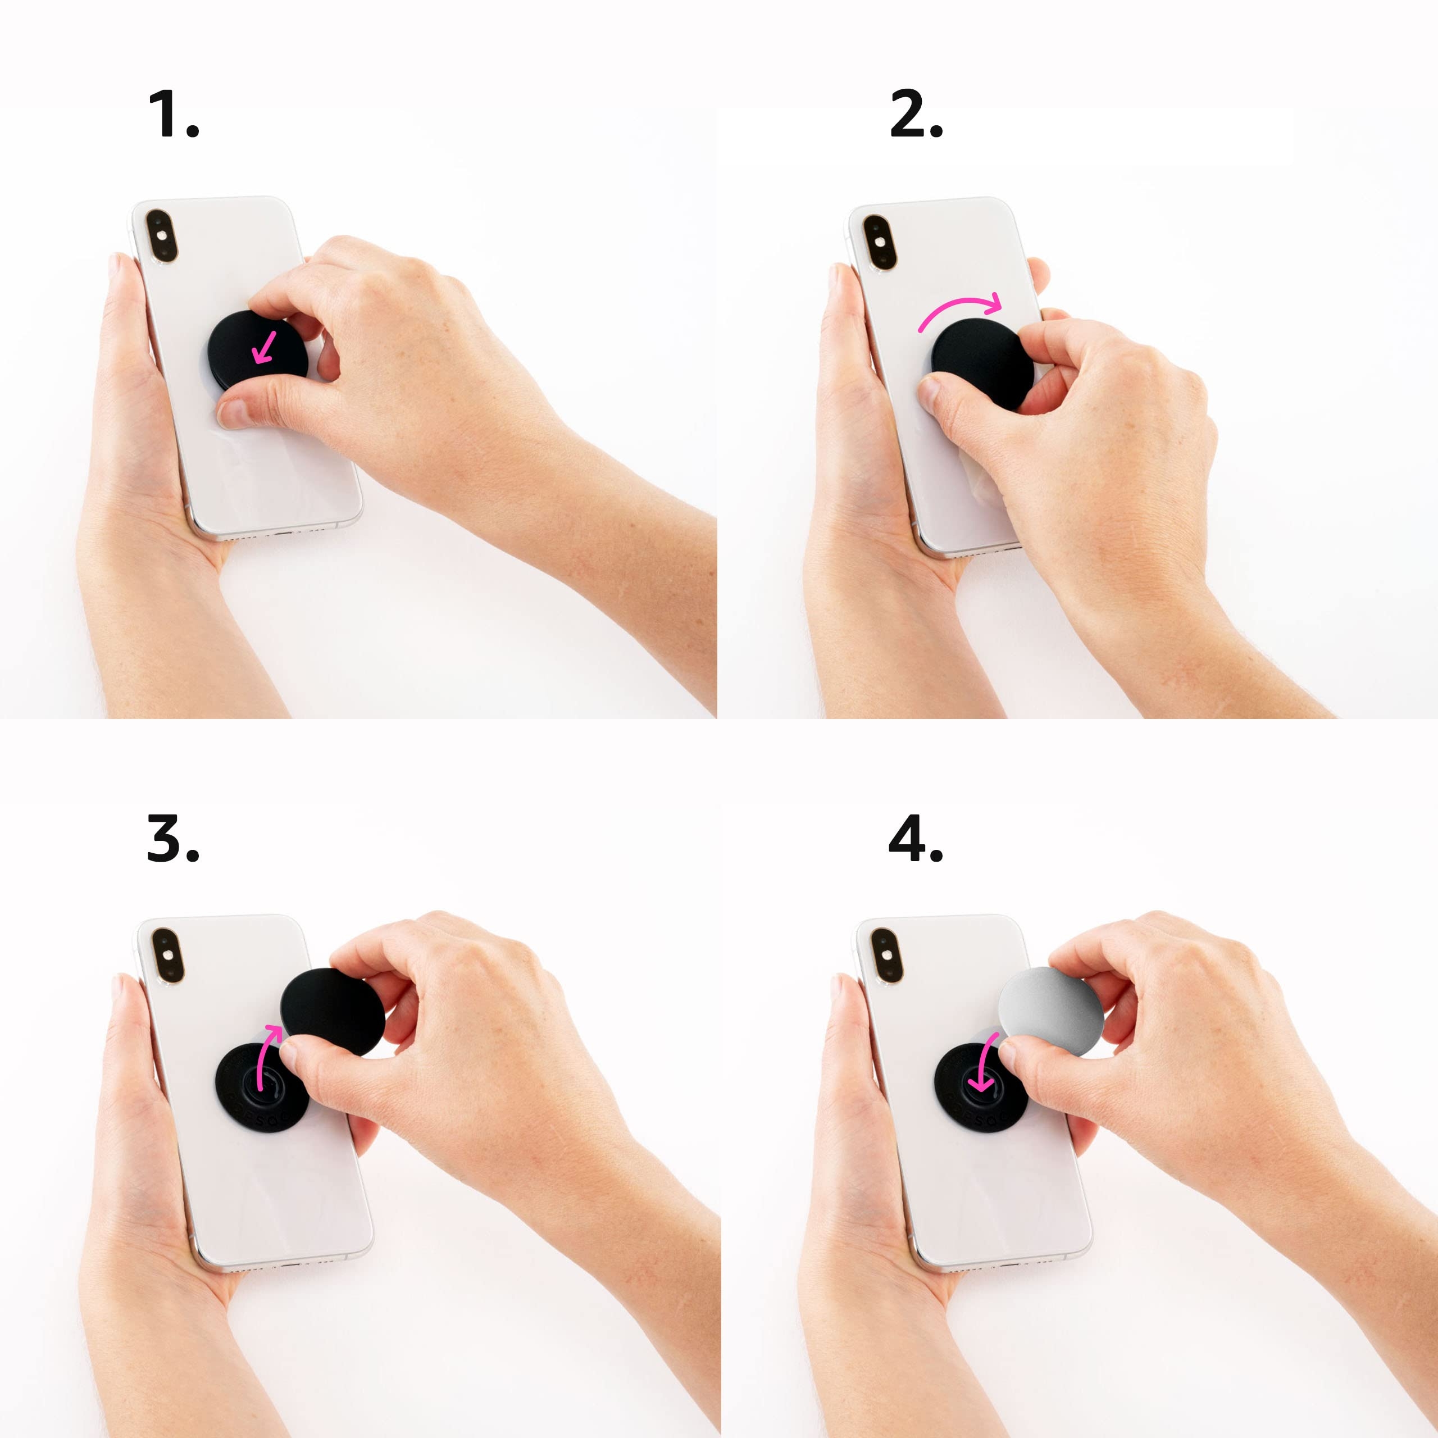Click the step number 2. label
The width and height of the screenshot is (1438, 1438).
pyautogui.click(x=916, y=114)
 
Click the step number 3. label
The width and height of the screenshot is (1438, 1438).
pyautogui.click(x=172, y=838)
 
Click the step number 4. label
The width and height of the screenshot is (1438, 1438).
pyautogui.click(x=916, y=838)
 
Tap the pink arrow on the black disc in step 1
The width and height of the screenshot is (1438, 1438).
pyautogui.click(x=264, y=348)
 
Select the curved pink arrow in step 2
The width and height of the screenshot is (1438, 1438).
pyautogui.click(x=960, y=309)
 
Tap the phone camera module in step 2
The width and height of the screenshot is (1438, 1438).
pyautogui.click(x=880, y=243)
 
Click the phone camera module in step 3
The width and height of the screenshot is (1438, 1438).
pyautogui.click(x=167, y=955)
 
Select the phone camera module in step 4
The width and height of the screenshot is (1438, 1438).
pyautogui.click(x=886, y=955)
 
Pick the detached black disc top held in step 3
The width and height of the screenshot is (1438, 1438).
pyautogui.click(x=333, y=1010)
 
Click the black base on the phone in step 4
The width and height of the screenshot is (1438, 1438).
pyautogui.click(x=968, y=1102)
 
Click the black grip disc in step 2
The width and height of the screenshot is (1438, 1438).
pyautogui.click(x=981, y=361)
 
